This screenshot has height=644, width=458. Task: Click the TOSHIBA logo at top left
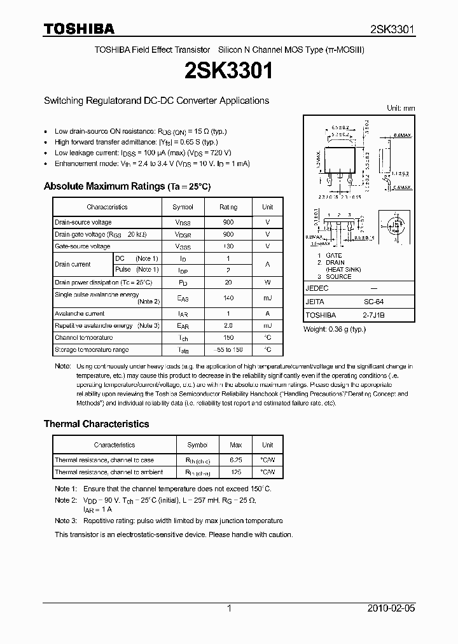tap(79, 29)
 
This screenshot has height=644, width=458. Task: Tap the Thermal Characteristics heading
tap(96, 424)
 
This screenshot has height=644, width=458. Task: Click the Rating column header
tap(228, 207)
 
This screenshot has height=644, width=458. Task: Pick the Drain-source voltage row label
tap(83, 222)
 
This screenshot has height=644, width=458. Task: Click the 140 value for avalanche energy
tap(228, 298)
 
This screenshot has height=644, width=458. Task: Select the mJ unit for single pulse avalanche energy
tap(267, 298)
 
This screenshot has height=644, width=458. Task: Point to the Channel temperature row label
tap(84, 337)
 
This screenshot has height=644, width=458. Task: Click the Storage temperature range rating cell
tap(228, 349)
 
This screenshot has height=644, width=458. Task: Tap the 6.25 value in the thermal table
tap(235, 459)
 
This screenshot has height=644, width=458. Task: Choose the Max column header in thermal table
tap(235, 445)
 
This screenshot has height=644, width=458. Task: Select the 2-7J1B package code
tap(373, 315)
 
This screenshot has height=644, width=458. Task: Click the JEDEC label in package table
tap(317, 288)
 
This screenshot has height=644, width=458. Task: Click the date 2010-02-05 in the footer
tap(391, 608)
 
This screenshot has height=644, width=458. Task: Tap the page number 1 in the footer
tap(229, 608)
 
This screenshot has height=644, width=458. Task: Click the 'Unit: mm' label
tap(401, 108)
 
